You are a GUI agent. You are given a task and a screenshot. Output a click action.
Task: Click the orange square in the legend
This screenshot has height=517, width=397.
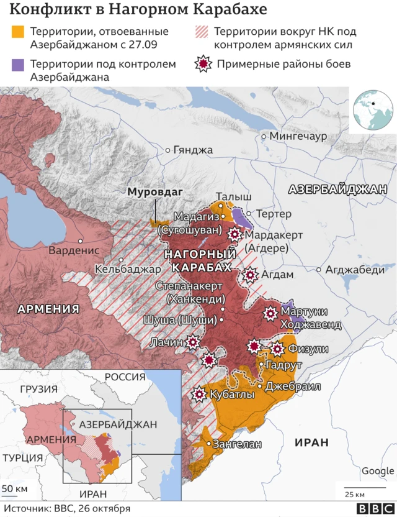[19, 32]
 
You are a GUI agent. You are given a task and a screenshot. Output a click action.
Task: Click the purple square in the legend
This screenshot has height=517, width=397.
[19, 64]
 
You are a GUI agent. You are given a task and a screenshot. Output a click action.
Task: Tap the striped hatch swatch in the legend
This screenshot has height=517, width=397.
[202, 32]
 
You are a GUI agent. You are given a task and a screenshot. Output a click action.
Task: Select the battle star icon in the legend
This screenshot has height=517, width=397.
[202, 64]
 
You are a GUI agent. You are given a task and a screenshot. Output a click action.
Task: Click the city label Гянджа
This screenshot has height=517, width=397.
[193, 150]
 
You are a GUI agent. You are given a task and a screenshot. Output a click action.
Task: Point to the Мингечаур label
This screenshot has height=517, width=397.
[298, 136]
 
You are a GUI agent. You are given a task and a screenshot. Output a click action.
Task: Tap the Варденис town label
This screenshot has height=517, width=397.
[74, 250]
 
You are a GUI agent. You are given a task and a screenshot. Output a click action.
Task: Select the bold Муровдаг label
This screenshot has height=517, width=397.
[154, 192]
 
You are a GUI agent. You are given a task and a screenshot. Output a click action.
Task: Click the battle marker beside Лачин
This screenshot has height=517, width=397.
[193, 342]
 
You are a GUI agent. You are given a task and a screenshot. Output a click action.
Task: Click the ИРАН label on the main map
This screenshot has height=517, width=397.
[306, 442]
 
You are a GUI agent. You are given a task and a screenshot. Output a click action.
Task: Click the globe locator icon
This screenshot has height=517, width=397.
[372, 109]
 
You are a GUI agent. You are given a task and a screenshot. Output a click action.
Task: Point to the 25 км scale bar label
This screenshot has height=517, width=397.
[355, 494]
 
